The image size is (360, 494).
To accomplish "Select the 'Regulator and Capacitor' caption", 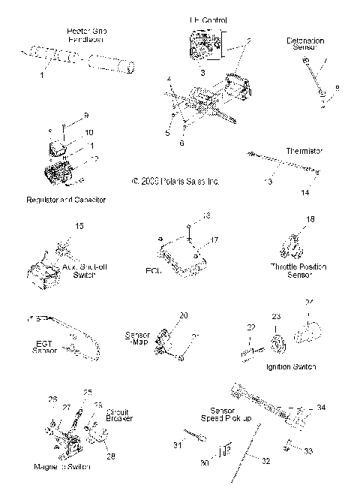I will click(66, 200).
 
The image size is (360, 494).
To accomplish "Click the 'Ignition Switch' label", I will click(291, 366).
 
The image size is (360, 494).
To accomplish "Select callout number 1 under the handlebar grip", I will click(43, 75).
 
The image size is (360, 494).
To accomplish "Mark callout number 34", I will click(321, 408).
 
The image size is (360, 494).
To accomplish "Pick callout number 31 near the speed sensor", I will click(178, 446).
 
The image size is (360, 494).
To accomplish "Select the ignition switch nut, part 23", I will click(276, 345).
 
